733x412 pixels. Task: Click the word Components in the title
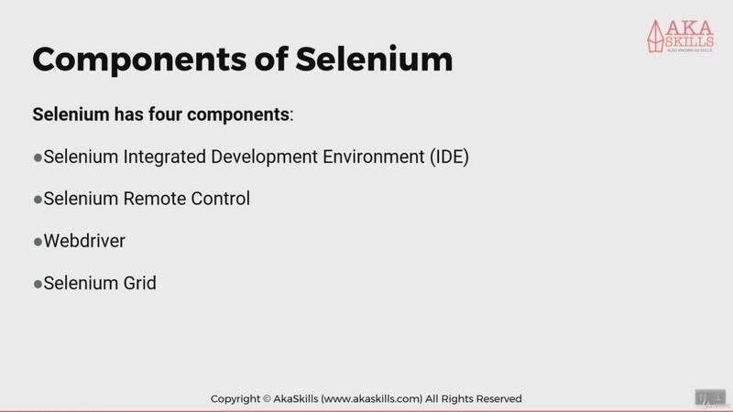click(x=139, y=60)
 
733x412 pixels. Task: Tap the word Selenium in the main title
click(x=374, y=60)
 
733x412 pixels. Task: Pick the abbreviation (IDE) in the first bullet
click(x=449, y=157)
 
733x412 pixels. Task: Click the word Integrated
click(x=165, y=157)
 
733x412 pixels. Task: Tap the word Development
click(x=264, y=157)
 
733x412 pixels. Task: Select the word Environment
click(x=374, y=157)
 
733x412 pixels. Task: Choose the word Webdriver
click(x=84, y=241)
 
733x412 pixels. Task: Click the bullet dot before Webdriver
click(x=38, y=242)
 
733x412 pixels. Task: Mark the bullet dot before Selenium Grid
click(x=38, y=284)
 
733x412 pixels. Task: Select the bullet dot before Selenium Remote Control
click(x=38, y=200)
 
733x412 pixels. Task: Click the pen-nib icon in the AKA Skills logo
click(x=655, y=36)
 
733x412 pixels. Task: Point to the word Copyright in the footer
click(x=235, y=399)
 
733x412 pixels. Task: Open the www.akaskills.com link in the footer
click(x=372, y=399)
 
